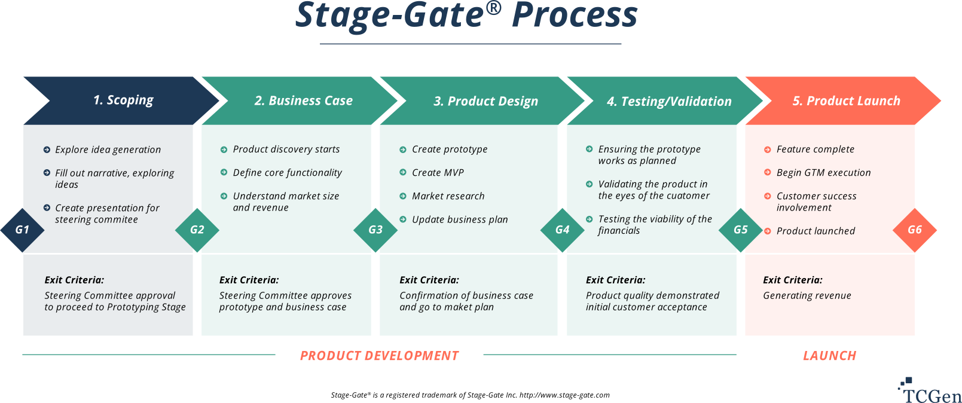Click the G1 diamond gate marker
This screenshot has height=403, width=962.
click(x=22, y=230)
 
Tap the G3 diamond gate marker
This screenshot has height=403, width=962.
click(x=375, y=230)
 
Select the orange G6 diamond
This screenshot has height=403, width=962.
click(x=914, y=230)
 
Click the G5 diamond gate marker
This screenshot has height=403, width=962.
click(x=740, y=230)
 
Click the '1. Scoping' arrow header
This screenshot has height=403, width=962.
click(x=123, y=100)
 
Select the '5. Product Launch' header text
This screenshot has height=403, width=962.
click(x=846, y=101)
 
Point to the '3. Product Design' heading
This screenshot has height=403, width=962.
click(x=485, y=101)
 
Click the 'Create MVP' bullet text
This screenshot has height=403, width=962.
click(x=438, y=173)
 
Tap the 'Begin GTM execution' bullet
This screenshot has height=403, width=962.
click(x=823, y=173)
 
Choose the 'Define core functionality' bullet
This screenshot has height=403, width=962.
click(x=287, y=173)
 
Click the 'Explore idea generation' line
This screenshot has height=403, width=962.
click(x=108, y=149)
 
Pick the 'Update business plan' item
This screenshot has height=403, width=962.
click(x=459, y=219)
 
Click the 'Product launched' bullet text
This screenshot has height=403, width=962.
click(x=816, y=231)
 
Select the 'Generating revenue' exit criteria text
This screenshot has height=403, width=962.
click(x=807, y=295)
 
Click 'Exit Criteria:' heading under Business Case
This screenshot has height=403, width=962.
click(x=249, y=280)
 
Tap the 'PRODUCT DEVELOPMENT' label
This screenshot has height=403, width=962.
click(x=379, y=356)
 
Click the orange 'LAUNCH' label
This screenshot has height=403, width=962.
click(x=829, y=356)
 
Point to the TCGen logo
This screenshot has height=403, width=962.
click(x=930, y=391)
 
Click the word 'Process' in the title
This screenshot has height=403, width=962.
click(x=575, y=16)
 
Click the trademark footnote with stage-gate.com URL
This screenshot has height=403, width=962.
click(x=470, y=395)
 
